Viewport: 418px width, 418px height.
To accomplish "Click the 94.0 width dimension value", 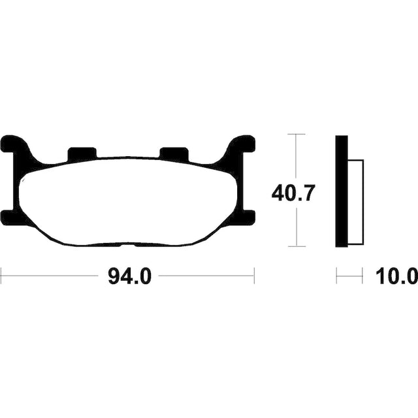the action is (129, 277).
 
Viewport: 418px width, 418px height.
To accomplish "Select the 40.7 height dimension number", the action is (293, 193).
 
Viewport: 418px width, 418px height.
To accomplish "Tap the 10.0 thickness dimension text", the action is (396, 277).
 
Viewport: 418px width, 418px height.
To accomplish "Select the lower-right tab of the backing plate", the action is (246, 217).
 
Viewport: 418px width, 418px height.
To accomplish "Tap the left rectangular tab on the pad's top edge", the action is (82, 153).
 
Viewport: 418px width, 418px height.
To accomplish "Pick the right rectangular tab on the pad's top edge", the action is (174, 153).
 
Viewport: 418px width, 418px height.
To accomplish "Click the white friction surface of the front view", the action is (128, 201).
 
